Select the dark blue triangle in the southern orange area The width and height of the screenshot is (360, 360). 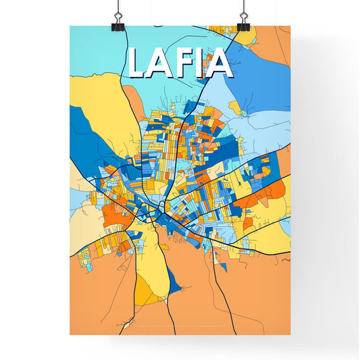(174, 284)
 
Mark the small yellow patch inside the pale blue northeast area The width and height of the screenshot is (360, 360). (234, 107)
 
